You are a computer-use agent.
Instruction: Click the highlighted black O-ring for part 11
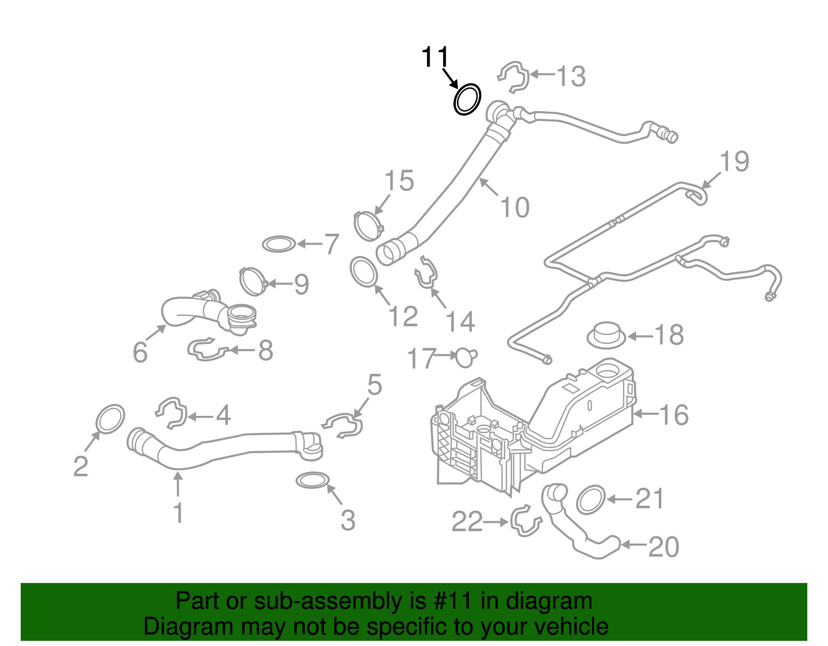pyautogui.click(x=467, y=99)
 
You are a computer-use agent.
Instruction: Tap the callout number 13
pyautogui.click(x=570, y=77)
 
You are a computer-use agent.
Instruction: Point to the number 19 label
pyautogui.click(x=734, y=161)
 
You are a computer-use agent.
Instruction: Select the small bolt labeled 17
pyautogui.click(x=466, y=356)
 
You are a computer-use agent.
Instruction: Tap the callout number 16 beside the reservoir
pyautogui.click(x=674, y=415)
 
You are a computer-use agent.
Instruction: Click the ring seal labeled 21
pyautogui.click(x=590, y=500)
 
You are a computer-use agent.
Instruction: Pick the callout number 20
pyautogui.click(x=663, y=547)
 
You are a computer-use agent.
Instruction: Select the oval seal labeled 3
pyautogui.click(x=313, y=480)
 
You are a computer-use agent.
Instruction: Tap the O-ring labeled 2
pyautogui.click(x=111, y=419)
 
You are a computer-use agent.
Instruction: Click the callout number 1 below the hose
pyautogui.click(x=178, y=513)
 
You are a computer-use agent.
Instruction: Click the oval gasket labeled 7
pyautogui.click(x=279, y=244)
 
